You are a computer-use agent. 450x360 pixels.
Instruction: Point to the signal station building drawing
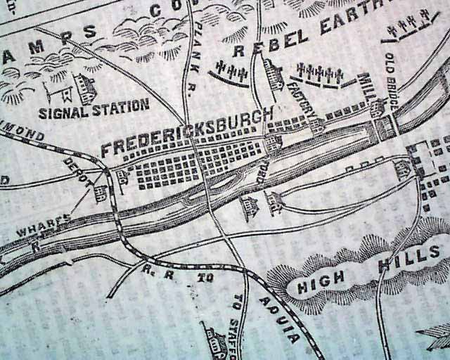click(x=84, y=89)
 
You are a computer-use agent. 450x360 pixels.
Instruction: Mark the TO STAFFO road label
click(x=238, y=324)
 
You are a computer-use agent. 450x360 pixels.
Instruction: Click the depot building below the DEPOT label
click(x=101, y=193)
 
